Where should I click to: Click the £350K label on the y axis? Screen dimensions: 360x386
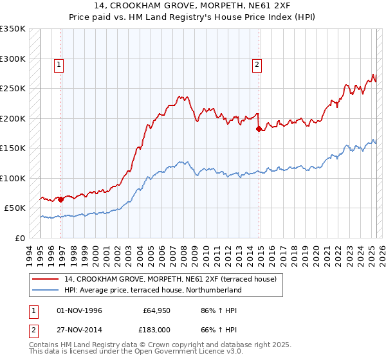(x=13, y=29)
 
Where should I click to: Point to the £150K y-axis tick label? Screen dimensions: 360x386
(x=13, y=148)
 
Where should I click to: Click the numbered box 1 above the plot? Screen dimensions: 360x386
(x=59, y=64)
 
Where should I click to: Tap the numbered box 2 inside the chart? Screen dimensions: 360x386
(x=257, y=64)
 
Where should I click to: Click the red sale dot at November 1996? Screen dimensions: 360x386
(x=61, y=199)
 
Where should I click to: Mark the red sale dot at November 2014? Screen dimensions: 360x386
(x=259, y=129)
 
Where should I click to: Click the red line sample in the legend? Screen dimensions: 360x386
(x=46, y=279)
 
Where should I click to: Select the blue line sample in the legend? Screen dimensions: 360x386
(x=46, y=290)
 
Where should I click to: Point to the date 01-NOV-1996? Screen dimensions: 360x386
(x=80, y=310)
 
